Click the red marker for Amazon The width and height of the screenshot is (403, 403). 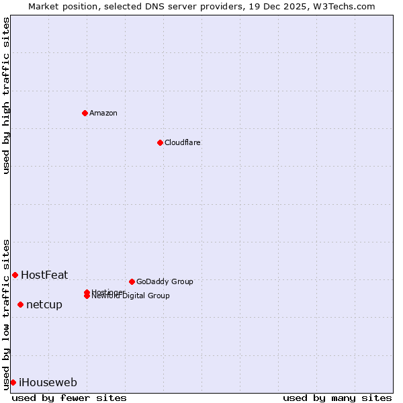[x=85, y=113]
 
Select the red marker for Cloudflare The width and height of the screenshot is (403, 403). [x=160, y=142]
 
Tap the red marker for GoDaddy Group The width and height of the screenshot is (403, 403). [x=132, y=281]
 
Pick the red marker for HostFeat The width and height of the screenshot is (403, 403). [x=15, y=275]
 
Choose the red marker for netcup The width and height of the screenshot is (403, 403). [x=20, y=304]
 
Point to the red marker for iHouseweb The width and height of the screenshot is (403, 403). [x=13, y=382]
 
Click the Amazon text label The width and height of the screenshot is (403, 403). [x=103, y=113]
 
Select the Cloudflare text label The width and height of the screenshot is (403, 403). [x=183, y=142]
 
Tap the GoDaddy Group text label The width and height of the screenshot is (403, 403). [x=165, y=281]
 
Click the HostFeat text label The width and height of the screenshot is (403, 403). [x=44, y=275]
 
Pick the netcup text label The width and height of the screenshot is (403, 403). [x=44, y=304]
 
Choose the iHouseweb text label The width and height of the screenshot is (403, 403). [x=48, y=382]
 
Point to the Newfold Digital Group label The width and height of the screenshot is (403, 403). [x=131, y=296]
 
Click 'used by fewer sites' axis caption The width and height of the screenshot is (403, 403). [x=69, y=398]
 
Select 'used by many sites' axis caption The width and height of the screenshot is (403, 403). [x=337, y=398]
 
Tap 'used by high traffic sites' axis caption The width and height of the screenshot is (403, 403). [x=6, y=95]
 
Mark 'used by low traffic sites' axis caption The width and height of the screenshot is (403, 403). [x=6, y=314]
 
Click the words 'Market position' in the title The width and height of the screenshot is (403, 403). [x=60, y=6]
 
